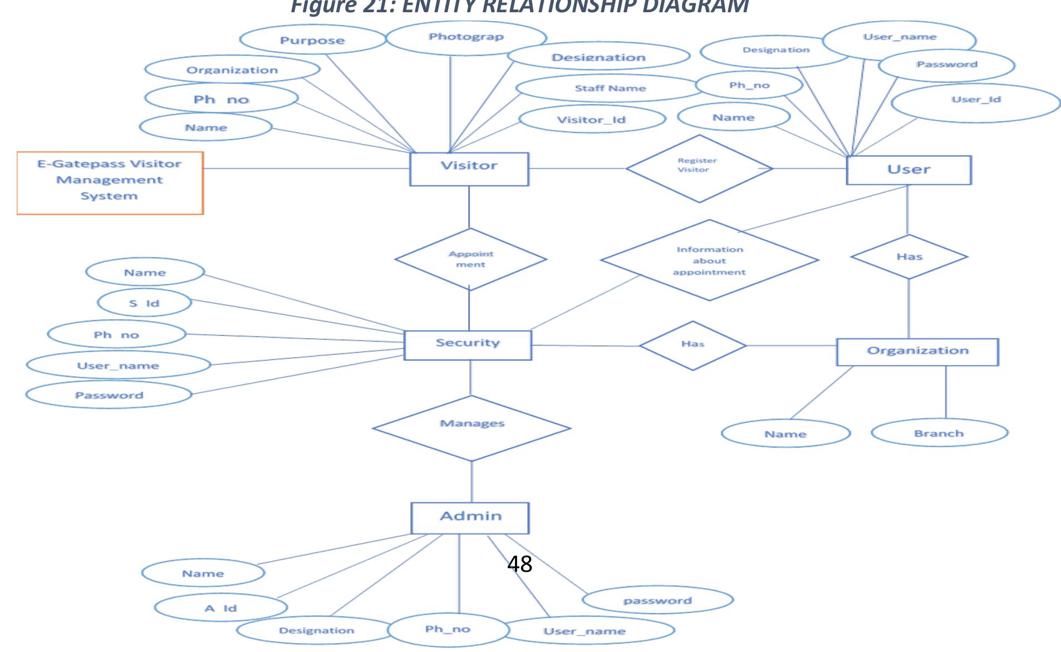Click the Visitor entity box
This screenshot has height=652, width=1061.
(x=469, y=169)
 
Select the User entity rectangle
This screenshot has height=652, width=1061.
(x=908, y=170)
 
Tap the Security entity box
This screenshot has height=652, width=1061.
(x=468, y=345)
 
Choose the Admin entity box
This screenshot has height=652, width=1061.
(x=470, y=517)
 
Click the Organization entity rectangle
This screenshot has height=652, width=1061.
(x=917, y=352)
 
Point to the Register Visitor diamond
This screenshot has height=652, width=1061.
(x=699, y=168)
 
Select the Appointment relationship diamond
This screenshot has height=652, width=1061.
(x=470, y=259)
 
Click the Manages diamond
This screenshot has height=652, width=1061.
(x=471, y=428)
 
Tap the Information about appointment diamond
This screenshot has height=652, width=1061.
(x=709, y=260)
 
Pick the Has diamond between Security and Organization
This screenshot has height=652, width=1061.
(x=692, y=345)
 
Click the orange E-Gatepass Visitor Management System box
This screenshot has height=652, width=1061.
(x=110, y=182)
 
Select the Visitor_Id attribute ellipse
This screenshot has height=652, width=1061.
(x=592, y=119)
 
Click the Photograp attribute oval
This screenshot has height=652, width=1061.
(x=466, y=37)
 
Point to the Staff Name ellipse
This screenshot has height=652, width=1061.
(x=610, y=88)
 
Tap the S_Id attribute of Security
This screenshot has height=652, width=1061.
(x=144, y=303)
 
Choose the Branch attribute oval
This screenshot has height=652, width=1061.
(x=939, y=433)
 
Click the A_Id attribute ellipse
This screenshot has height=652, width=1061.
(x=220, y=607)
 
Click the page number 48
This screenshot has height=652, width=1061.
(x=519, y=564)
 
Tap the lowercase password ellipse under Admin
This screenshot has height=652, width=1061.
(x=657, y=600)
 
